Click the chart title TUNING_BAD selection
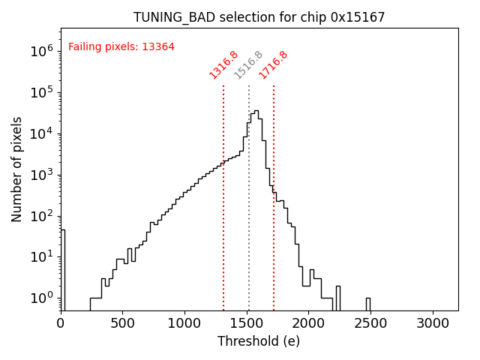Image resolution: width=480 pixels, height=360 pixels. (259, 16)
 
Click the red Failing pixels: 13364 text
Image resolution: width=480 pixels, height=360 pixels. (121, 46)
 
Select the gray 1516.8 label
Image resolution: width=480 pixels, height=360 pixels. (248, 64)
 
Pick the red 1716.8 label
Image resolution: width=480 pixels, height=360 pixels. (274, 64)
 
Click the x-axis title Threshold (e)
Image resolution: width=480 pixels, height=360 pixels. (259, 341)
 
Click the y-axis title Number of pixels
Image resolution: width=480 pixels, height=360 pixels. (17, 169)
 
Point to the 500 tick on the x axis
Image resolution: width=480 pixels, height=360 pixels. (123, 323)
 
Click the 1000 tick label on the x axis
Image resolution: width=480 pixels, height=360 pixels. (185, 323)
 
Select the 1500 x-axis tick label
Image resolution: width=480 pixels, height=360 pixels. (247, 323)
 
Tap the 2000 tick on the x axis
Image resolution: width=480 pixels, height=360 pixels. (309, 323)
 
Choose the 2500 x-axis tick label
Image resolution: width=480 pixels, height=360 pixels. (371, 323)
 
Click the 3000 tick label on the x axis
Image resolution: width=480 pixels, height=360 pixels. (433, 323)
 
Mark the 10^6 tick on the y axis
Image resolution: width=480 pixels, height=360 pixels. (41, 51)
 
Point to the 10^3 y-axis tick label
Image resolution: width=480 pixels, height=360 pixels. (41, 175)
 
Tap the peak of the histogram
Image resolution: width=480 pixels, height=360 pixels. (256, 111)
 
